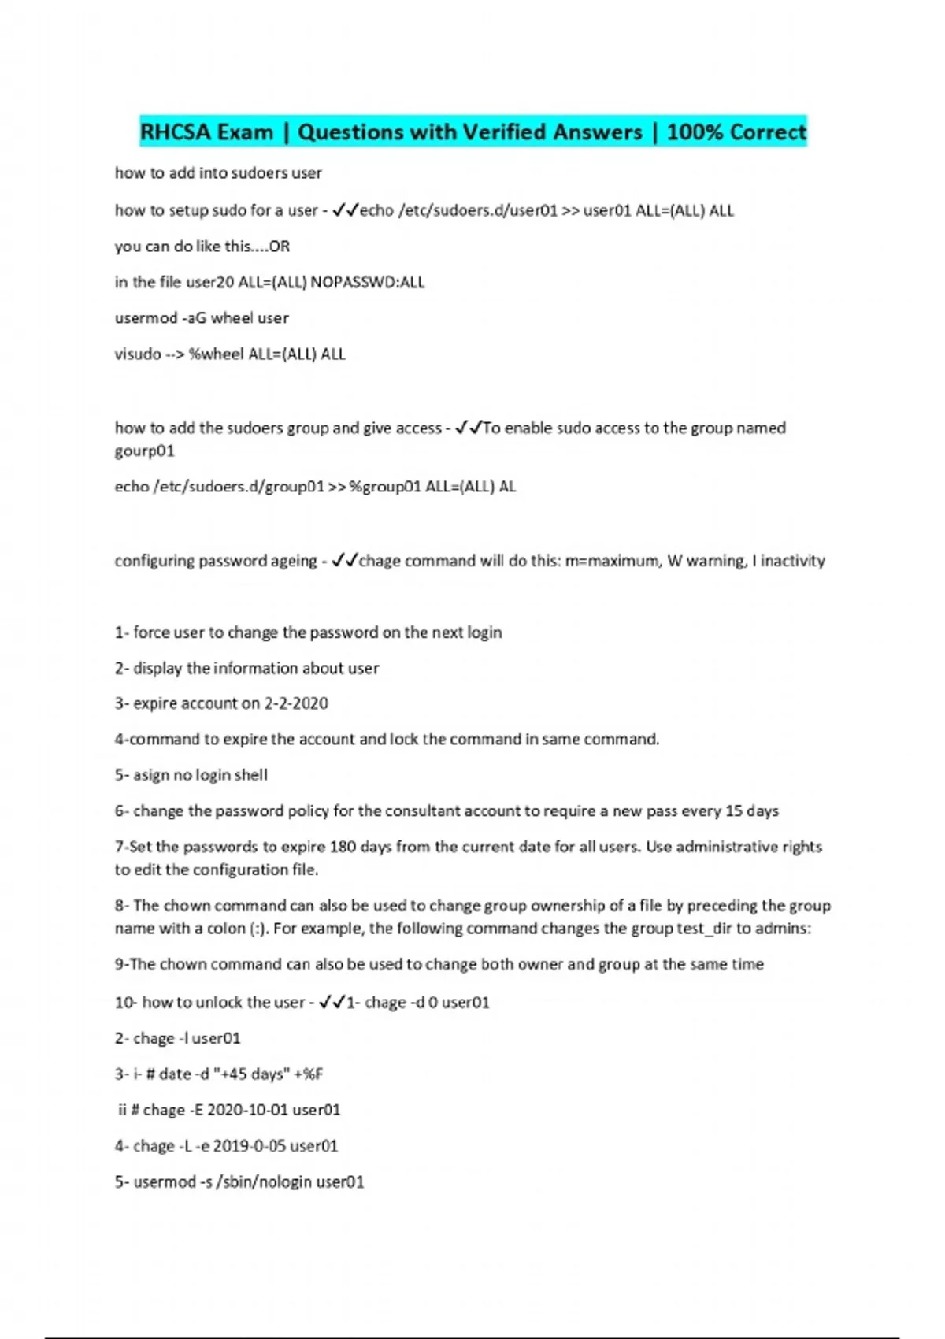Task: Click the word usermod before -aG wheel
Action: tap(146, 318)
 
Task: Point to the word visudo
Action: tap(138, 354)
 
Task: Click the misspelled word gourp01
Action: tap(144, 451)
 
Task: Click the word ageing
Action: tap(292, 561)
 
